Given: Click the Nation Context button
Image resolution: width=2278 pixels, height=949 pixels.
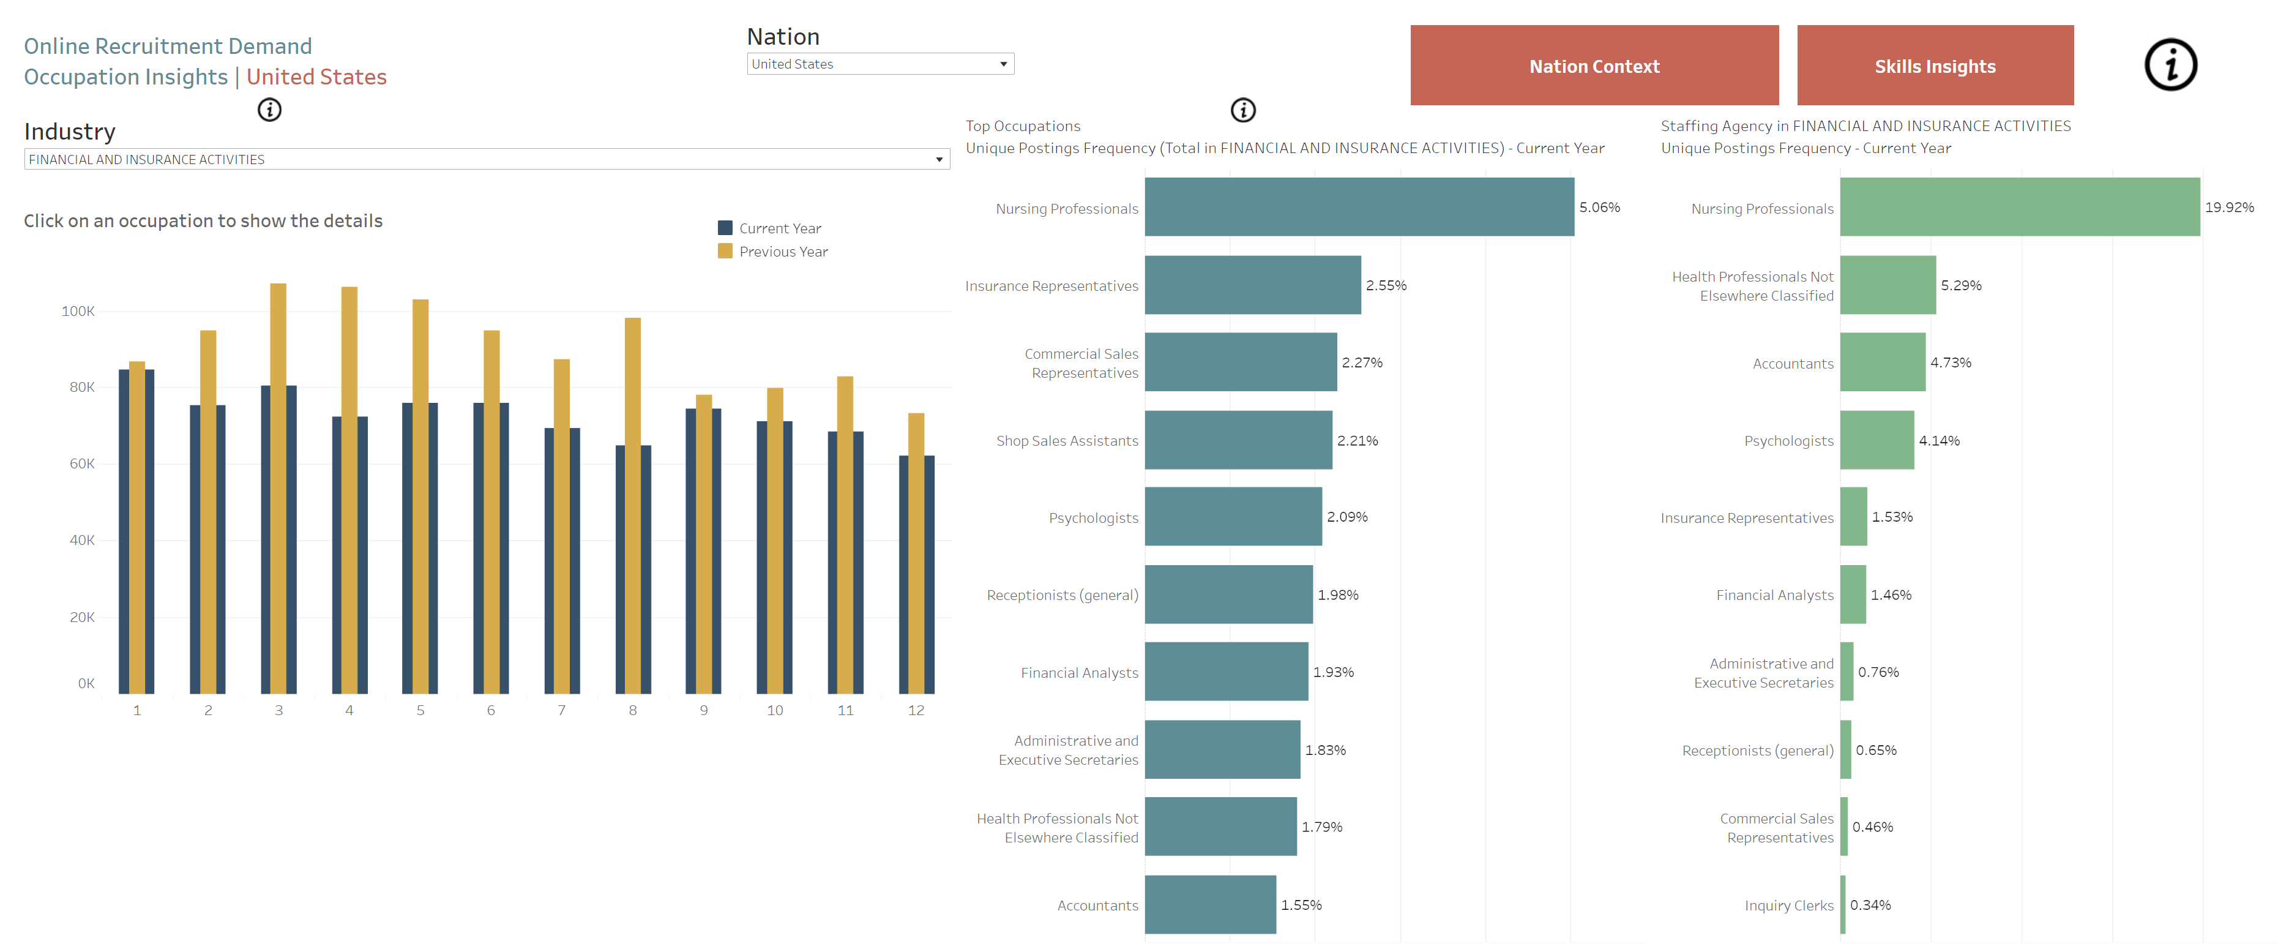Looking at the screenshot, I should [1594, 66].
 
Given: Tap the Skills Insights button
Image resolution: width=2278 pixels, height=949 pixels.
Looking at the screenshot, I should [1934, 66].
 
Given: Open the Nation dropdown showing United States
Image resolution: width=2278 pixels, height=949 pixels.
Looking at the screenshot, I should [880, 64].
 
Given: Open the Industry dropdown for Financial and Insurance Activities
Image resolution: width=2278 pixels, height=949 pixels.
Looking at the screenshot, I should [487, 159].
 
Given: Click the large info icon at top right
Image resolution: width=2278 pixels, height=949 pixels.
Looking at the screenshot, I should [2170, 64].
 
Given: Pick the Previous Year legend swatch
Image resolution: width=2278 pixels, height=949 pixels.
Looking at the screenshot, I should [725, 251].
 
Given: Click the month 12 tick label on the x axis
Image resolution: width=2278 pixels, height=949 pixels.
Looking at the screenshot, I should [916, 710].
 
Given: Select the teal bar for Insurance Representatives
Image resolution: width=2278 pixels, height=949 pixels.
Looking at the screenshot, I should [1252, 285].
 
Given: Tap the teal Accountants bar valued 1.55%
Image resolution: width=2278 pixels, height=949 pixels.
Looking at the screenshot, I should [1210, 904].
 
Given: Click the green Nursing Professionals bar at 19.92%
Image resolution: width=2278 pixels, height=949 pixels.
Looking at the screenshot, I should [2019, 207].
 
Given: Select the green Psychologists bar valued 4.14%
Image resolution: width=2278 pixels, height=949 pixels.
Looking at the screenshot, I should [1877, 440].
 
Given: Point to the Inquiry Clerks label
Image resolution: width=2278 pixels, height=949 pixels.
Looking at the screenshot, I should [1788, 905].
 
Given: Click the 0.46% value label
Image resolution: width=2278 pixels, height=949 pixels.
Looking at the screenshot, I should [1872, 827].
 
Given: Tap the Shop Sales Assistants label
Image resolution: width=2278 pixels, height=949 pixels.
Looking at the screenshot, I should [1067, 440].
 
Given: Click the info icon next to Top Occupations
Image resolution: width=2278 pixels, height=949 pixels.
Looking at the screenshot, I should [1242, 110].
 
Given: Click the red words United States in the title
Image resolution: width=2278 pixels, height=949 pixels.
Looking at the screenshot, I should [316, 77].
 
